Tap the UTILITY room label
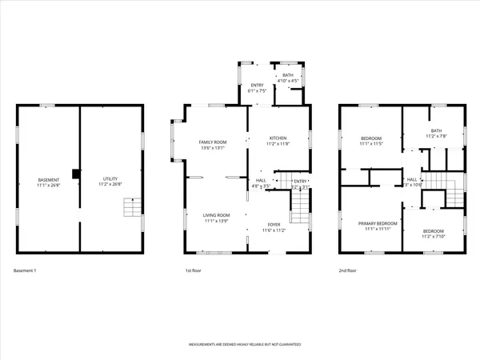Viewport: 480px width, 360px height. (x=110, y=179)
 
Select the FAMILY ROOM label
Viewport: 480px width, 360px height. (x=214, y=142)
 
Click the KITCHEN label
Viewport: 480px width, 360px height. (x=277, y=138)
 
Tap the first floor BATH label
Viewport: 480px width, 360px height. (x=287, y=75)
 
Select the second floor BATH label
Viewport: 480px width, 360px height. (x=435, y=131)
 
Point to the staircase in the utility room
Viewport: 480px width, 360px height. (x=131, y=210)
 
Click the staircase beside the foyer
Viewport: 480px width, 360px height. (x=298, y=210)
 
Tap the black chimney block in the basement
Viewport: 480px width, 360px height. (x=75, y=174)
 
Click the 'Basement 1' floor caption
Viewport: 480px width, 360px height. (x=26, y=271)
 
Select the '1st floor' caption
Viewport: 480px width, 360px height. (x=192, y=271)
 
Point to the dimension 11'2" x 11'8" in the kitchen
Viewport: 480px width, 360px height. (x=277, y=144)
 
